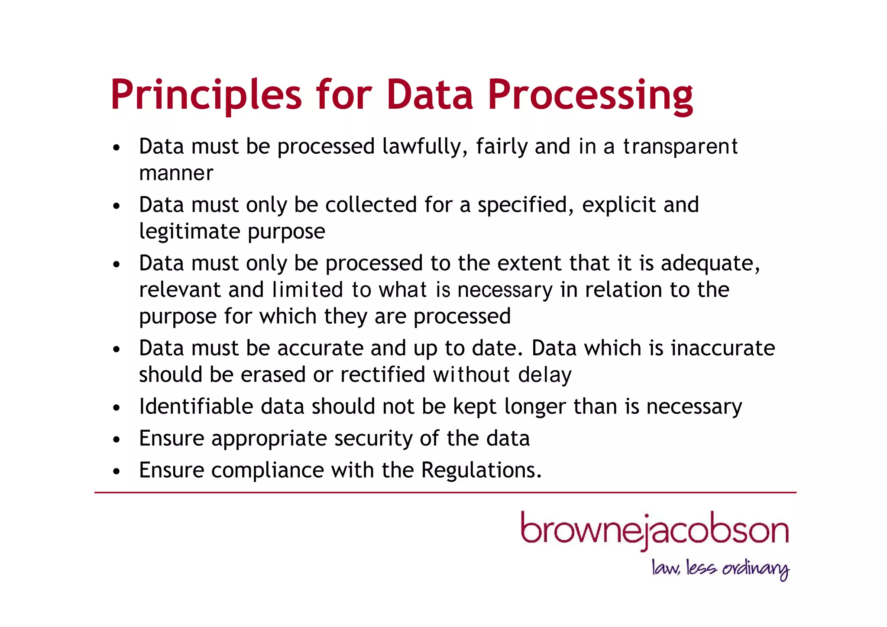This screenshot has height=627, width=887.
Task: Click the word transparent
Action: pyautogui.click(x=680, y=147)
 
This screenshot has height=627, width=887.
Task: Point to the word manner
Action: pyautogui.click(x=176, y=173)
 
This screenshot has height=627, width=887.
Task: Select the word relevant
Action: pyautogui.click(x=180, y=290)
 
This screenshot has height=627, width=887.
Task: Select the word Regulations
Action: pyautogui.click(x=481, y=470)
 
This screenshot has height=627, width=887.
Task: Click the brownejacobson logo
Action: pyautogui.click(x=654, y=531)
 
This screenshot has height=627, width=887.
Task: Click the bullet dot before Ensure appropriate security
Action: pyautogui.click(x=116, y=440)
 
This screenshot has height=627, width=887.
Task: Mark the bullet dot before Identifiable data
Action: pyautogui.click(x=116, y=408)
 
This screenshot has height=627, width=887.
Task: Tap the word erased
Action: pyautogui.click(x=273, y=375)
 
